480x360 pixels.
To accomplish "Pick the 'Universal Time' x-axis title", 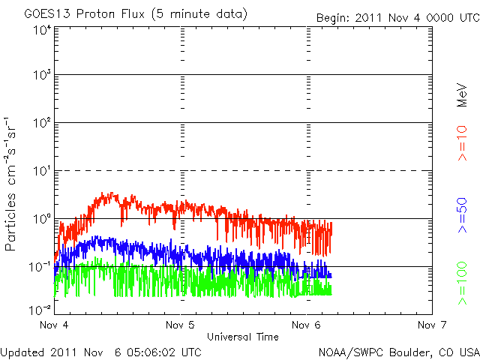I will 243,337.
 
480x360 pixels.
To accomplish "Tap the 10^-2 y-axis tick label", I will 40,308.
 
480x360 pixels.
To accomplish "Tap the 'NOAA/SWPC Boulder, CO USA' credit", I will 398,351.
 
